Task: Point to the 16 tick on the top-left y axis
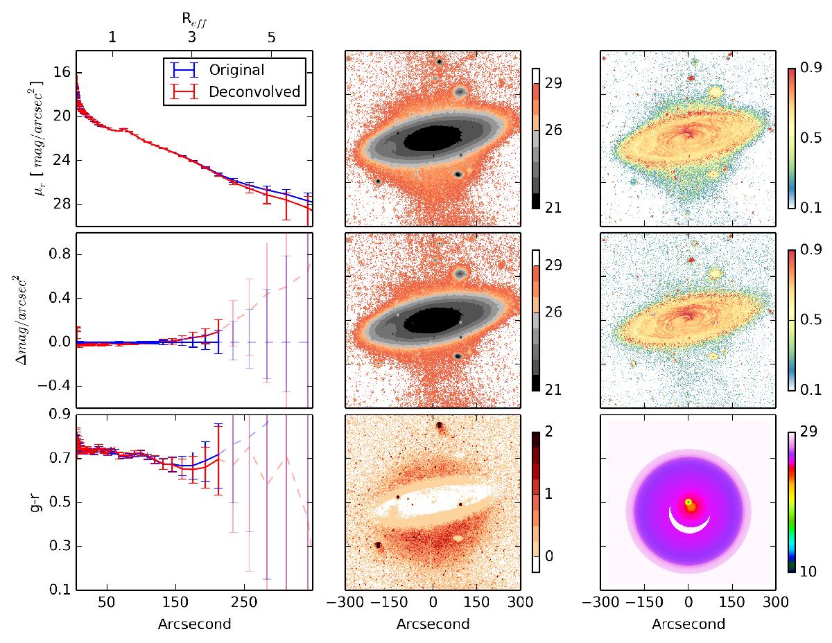[60, 72]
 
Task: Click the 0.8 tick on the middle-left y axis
[57, 254]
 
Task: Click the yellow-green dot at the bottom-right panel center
[688, 502]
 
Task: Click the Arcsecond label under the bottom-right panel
[688, 623]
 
